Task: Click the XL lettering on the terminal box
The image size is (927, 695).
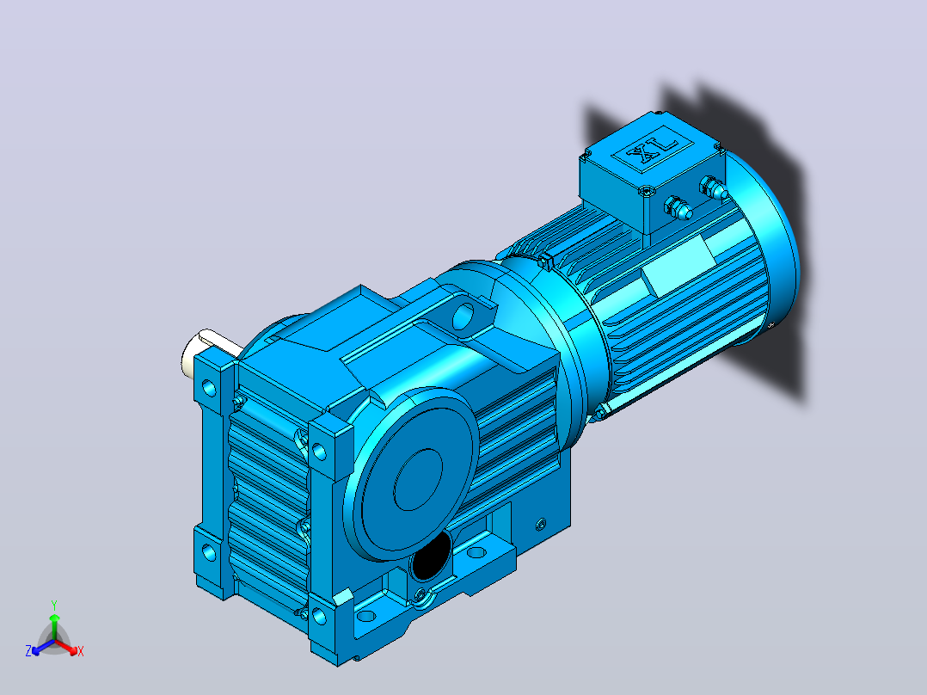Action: [x=652, y=150]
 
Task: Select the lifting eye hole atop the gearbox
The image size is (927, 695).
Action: [x=464, y=317]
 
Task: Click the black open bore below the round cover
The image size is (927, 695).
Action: [x=433, y=557]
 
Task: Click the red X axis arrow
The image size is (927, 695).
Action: [x=65, y=647]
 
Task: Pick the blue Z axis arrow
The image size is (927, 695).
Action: [x=44, y=647]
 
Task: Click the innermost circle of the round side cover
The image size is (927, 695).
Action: [x=418, y=480]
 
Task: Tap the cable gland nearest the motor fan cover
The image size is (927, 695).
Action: [x=713, y=188]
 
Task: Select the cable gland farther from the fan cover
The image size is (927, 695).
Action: [x=678, y=208]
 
